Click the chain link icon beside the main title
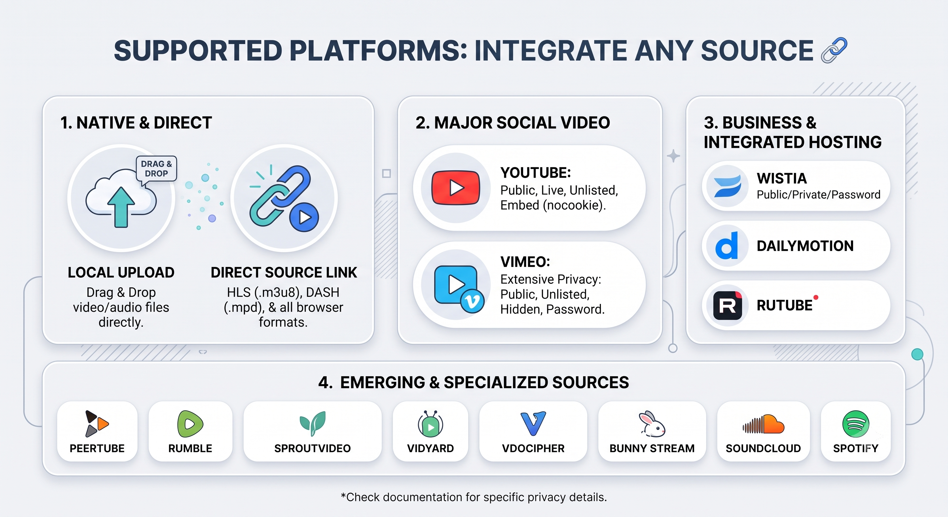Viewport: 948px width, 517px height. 834,50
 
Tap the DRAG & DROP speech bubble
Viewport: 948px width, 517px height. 157,169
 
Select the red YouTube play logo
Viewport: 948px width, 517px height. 456,188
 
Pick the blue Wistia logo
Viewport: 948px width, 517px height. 727,186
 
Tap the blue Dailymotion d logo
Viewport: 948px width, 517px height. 727,245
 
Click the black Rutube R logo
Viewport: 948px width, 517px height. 727,305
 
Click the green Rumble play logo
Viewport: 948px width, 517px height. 190,424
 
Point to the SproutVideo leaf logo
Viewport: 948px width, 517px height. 312,423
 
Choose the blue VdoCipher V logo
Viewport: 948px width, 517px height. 533,423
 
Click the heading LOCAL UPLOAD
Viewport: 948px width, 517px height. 121,272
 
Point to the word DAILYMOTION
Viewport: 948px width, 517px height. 805,246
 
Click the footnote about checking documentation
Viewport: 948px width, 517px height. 474,497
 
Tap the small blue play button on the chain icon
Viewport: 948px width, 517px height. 304,217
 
